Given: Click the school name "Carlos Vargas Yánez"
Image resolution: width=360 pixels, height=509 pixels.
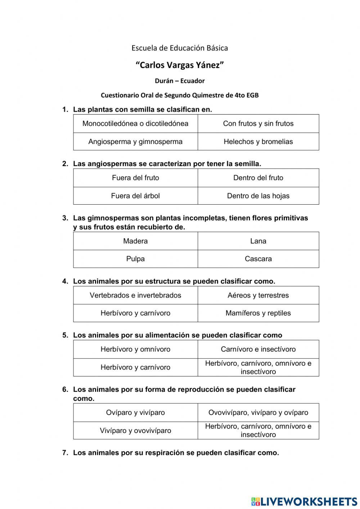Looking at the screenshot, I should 180,65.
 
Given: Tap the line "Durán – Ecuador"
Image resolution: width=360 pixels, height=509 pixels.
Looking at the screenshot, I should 180,81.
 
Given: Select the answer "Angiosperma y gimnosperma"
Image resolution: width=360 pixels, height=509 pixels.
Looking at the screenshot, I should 135,142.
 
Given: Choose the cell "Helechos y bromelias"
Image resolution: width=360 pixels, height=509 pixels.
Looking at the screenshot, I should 258,142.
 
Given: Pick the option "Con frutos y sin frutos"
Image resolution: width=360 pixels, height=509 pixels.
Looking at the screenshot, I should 258,124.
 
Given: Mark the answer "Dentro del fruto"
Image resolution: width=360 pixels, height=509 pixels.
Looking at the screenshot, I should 258,178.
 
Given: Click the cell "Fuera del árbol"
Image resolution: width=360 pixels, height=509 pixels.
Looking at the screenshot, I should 135,196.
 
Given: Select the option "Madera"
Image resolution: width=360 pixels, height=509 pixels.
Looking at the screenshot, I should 135,241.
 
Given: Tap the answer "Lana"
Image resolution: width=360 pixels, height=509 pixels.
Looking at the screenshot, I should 258,241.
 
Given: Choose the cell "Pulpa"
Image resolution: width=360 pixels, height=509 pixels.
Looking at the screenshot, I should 135,259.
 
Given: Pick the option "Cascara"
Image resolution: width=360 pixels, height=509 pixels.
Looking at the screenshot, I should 258,259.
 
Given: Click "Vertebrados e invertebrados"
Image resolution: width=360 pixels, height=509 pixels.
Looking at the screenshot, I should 135,295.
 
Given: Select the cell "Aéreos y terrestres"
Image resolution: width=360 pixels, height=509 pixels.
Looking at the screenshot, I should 258,295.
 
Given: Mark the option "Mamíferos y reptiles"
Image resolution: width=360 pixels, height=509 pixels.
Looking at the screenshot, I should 258,313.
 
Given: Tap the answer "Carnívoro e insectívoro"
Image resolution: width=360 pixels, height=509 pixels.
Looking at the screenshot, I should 258,349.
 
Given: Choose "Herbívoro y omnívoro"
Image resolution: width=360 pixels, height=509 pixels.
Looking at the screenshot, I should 135,349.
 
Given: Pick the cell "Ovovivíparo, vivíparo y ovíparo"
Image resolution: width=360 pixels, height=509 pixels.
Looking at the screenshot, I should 258,412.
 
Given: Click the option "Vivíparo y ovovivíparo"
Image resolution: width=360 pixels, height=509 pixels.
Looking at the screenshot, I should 135,430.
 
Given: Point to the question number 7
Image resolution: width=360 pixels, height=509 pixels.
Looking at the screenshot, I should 65,453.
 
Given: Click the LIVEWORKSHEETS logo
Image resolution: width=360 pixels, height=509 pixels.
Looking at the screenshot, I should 304,501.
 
